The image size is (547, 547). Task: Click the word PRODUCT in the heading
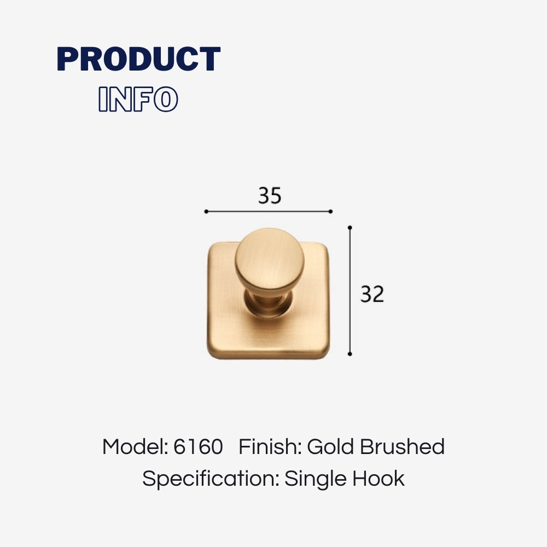(x=139, y=59)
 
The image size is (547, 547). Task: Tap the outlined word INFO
(x=138, y=99)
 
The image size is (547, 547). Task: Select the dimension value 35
(x=270, y=196)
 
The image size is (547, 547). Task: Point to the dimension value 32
(x=372, y=294)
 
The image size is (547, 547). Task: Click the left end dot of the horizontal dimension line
(x=206, y=211)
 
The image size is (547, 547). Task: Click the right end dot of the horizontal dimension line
(x=331, y=211)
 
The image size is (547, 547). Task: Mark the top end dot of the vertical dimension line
(x=350, y=228)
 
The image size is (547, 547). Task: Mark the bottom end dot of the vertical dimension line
(x=350, y=354)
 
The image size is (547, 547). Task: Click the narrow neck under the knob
(x=268, y=301)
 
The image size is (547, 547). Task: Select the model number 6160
(x=198, y=447)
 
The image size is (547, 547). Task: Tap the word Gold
(x=331, y=447)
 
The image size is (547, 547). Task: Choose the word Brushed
(x=402, y=447)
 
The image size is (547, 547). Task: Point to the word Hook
(x=378, y=479)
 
